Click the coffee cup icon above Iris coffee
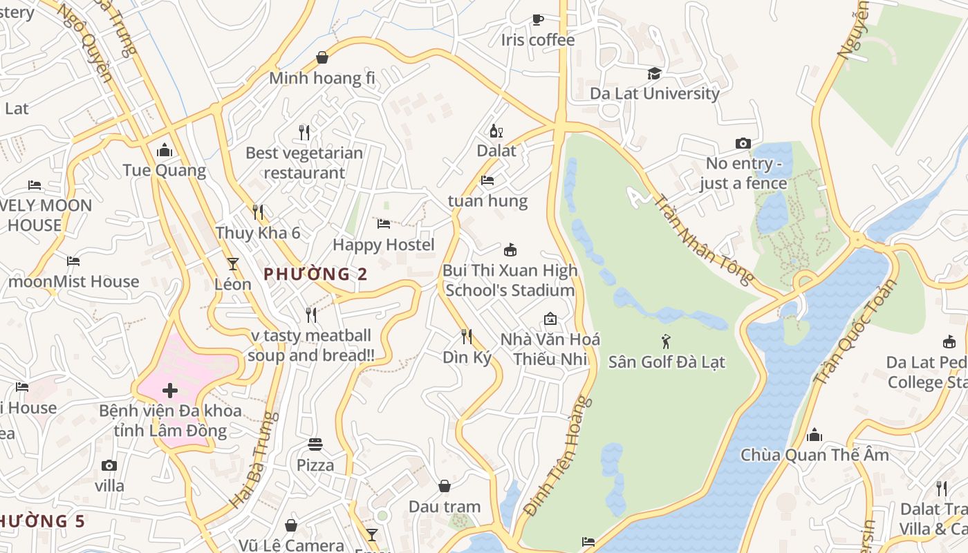point(537,19)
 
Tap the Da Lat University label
point(654,93)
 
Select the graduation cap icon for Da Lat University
point(654,73)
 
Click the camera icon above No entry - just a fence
point(743,143)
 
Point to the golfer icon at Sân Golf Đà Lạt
point(667,341)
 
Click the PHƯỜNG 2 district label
point(315,274)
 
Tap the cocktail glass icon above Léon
point(233,264)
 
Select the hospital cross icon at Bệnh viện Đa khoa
point(169,391)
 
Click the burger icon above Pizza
point(315,444)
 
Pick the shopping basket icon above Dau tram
point(445,487)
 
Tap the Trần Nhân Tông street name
point(703,239)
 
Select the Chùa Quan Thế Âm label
point(815,455)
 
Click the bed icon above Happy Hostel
point(384,224)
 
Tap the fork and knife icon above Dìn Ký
point(467,337)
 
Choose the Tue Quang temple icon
point(165,150)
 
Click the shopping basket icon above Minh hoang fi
point(322,57)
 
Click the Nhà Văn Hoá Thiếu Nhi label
point(550,349)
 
